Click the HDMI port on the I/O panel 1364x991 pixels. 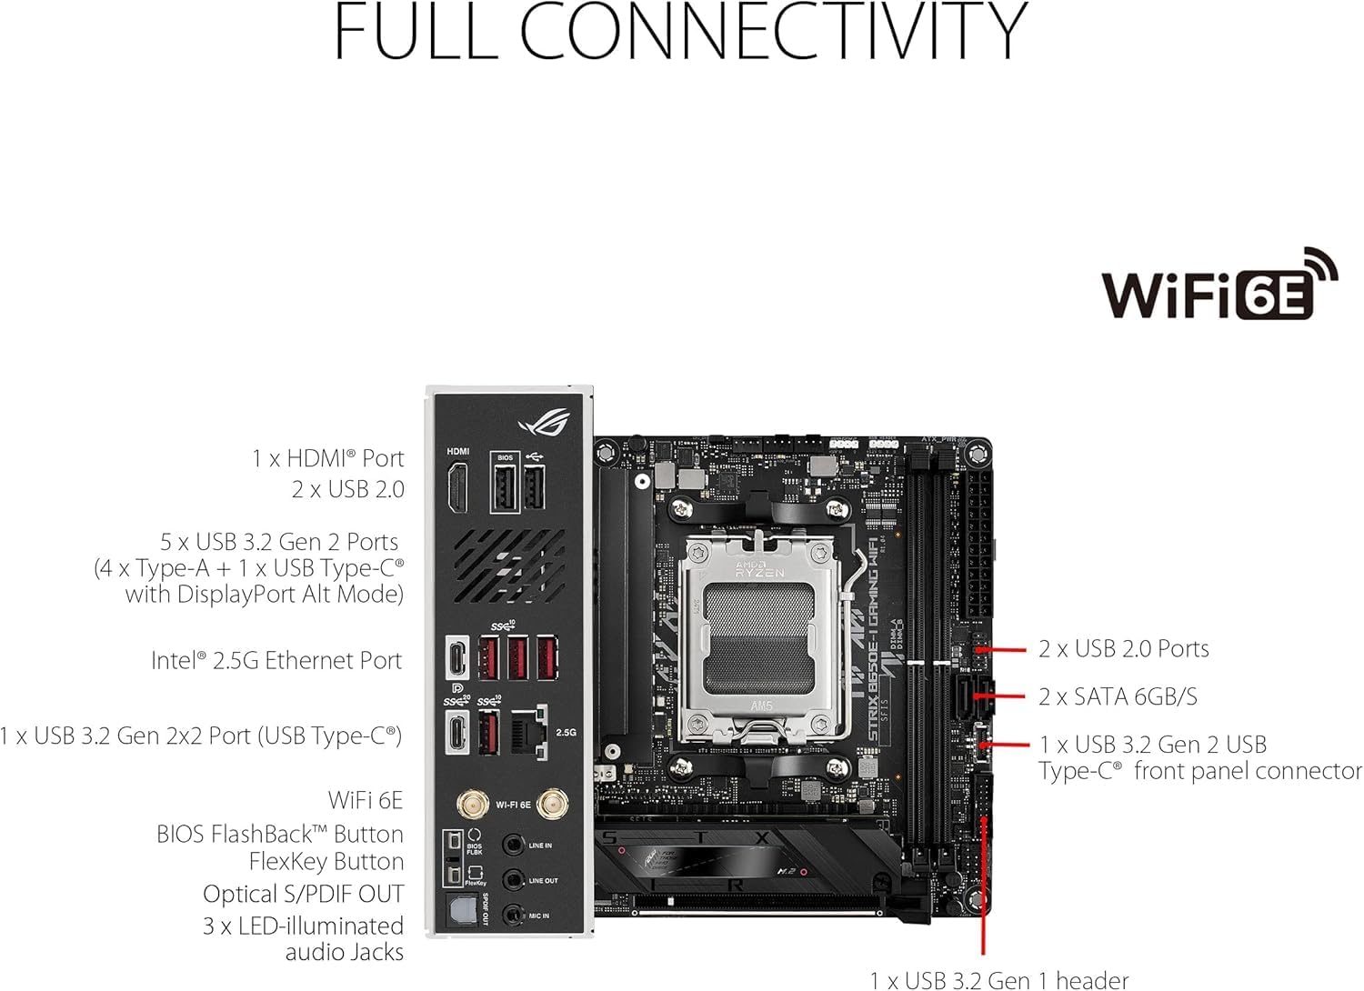(x=457, y=487)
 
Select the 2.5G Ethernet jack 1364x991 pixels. (x=530, y=731)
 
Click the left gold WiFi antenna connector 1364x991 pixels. (x=470, y=805)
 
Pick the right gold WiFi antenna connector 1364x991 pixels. (x=548, y=805)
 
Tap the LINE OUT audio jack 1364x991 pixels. (x=514, y=880)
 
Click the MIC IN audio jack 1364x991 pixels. (x=514, y=915)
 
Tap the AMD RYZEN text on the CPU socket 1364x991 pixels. (x=759, y=570)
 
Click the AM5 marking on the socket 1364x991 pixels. (x=760, y=706)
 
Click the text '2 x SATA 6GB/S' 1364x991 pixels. (x=1118, y=697)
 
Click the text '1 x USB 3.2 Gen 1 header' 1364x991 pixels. (x=998, y=979)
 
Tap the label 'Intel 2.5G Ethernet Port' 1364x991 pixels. (x=276, y=661)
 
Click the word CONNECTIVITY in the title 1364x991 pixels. (x=773, y=32)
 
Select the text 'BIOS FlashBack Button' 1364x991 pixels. (x=280, y=834)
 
